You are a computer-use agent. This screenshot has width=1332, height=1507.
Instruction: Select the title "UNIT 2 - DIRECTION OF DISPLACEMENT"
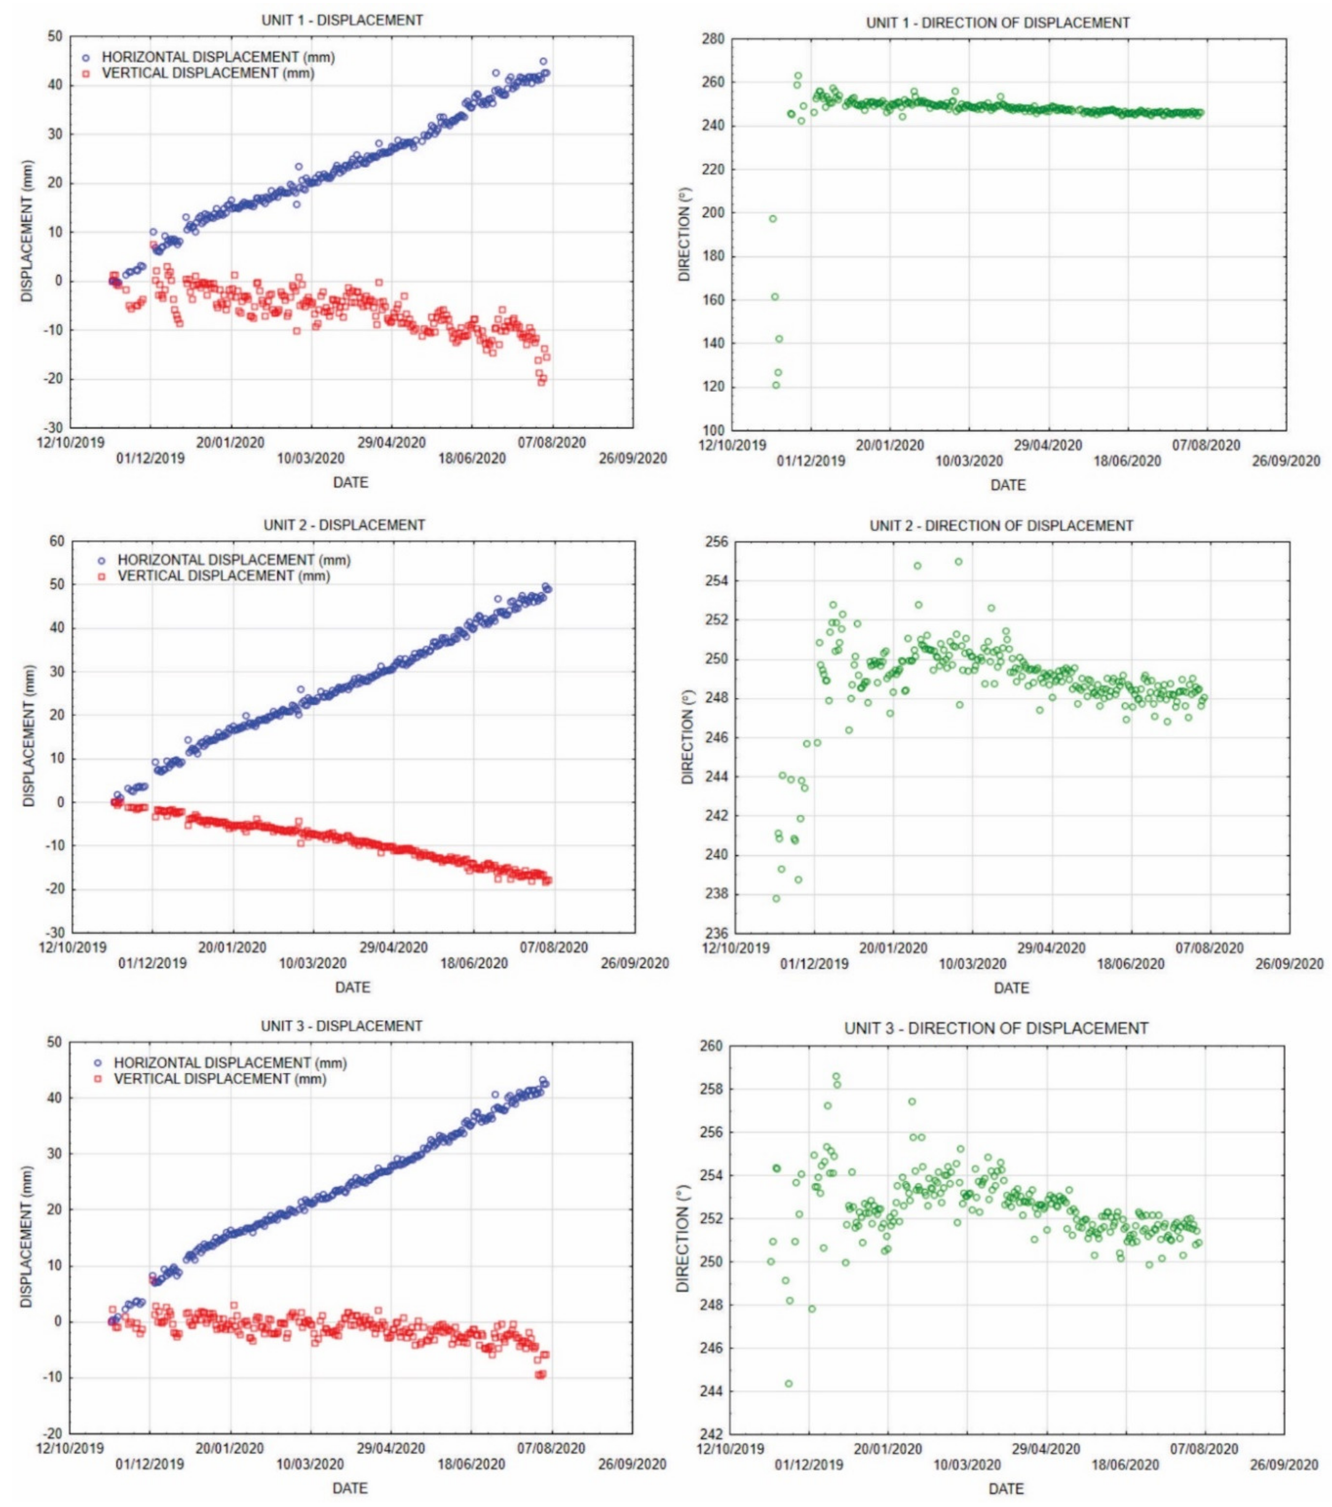1001,526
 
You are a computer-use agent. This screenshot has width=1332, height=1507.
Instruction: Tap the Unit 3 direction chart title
996,1028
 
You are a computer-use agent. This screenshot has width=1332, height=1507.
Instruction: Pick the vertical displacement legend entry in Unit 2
223,576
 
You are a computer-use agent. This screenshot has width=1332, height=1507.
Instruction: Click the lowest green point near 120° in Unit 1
776,385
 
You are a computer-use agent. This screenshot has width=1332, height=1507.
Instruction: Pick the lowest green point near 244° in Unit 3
789,1384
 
